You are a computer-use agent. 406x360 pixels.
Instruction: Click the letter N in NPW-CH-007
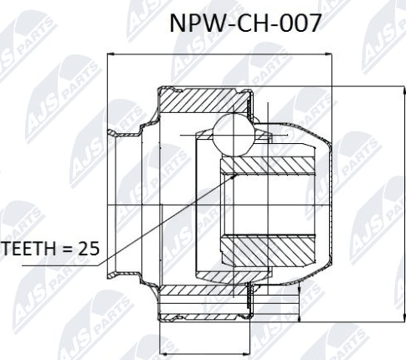pyautogui.click(x=177, y=23)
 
